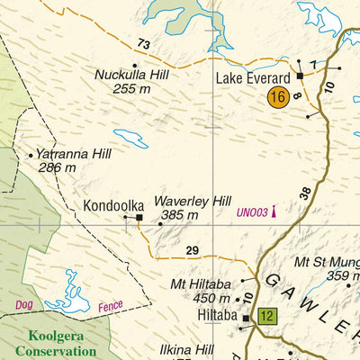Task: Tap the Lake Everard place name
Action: [x=252, y=79]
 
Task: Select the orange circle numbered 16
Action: [x=278, y=97]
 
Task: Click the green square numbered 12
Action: [x=266, y=316]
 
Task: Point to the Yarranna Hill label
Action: [x=74, y=154]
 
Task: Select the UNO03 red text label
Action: [x=252, y=213]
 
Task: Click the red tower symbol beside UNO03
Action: [x=273, y=211]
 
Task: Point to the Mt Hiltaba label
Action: [x=201, y=285]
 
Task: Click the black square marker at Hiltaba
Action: [x=245, y=317]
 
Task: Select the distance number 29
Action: [x=192, y=250]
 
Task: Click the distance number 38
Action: [x=306, y=193]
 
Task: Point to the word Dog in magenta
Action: [x=24, y=305]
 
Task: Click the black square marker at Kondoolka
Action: [x=139, y=217]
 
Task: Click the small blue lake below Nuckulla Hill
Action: [x=130, y=138]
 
